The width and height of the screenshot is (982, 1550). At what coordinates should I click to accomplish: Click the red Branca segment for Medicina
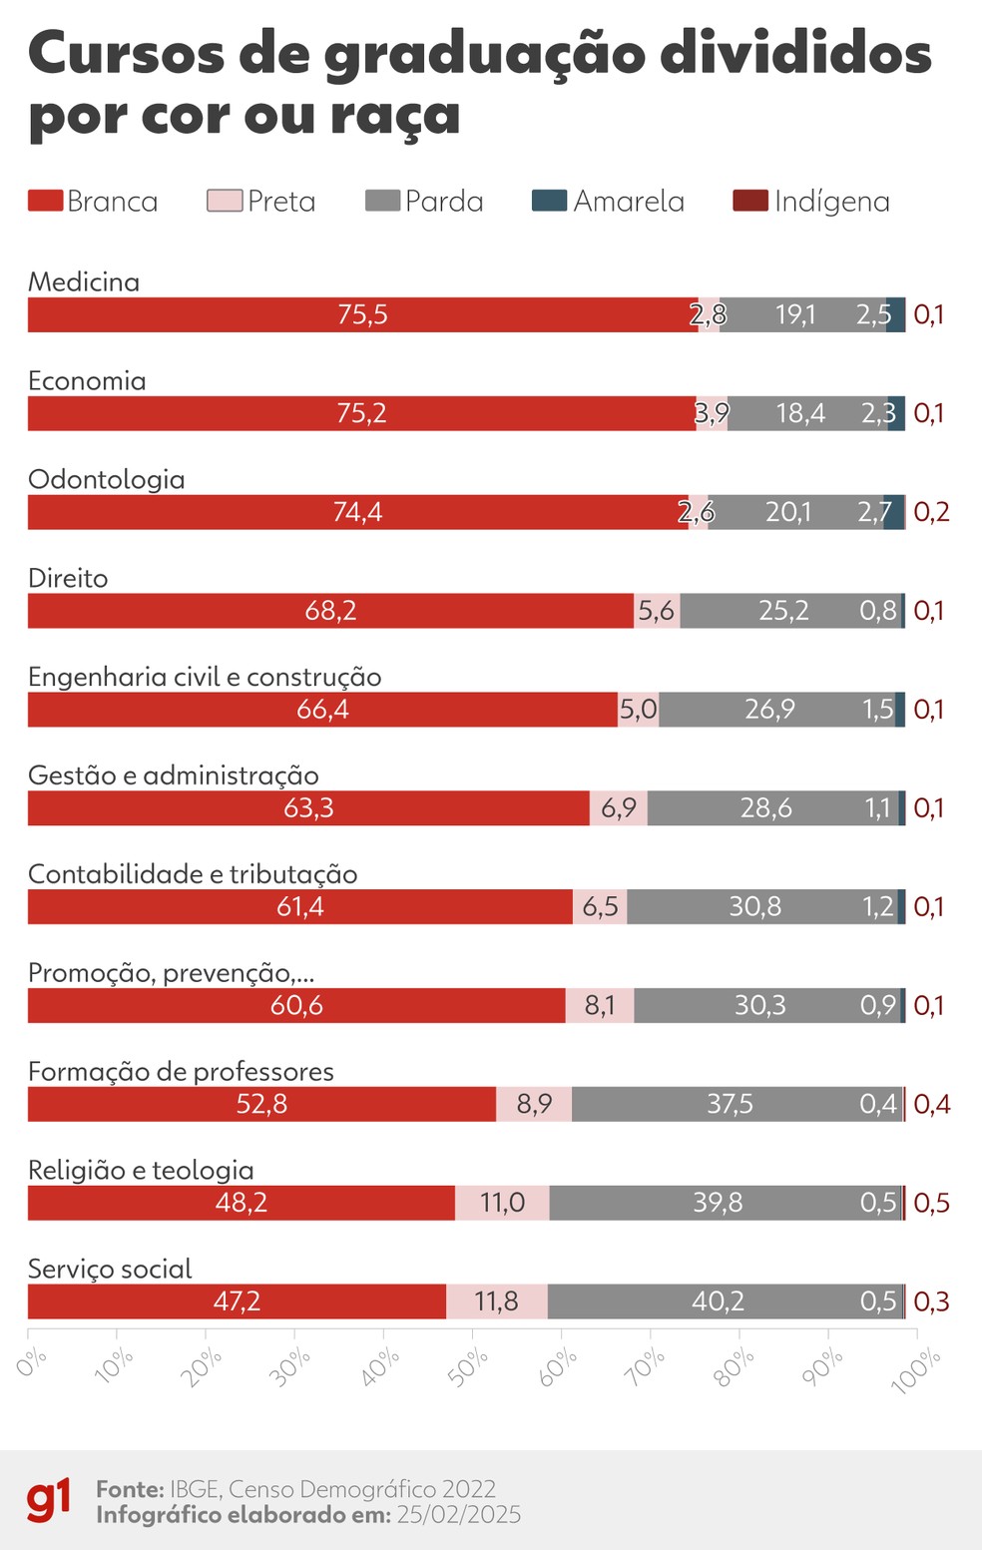click(362, 314)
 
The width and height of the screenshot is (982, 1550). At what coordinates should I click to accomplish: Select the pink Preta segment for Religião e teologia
click(502, 1203)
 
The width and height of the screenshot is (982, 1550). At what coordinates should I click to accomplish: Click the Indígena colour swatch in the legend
click(749, 201)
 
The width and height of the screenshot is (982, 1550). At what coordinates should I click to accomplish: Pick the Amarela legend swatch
click(549, 201)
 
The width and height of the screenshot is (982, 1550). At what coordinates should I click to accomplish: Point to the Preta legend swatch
click(225, 201)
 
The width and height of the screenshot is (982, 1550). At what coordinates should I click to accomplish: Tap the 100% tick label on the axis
click(915, 1369)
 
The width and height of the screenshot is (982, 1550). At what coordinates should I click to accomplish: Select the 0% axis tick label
click(32, 1362)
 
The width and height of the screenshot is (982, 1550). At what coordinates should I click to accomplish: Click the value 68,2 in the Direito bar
click(330, 611)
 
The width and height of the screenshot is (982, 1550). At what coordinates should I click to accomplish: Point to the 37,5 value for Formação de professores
click(730, 1104)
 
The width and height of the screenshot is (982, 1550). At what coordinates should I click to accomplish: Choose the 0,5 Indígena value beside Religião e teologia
click(931, 1203)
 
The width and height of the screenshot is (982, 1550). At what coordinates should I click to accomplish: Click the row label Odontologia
click(106, 479)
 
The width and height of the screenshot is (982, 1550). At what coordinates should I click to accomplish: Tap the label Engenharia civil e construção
click(205, 677)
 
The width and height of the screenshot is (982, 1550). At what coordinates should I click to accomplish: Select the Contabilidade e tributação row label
click(193, 874)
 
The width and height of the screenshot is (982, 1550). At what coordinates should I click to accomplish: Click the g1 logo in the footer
click(49, 1501)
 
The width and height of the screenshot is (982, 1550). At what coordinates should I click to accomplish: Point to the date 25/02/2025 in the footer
click(458, 1515)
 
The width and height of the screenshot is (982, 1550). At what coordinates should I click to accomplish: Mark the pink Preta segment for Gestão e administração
click(619, 808)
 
